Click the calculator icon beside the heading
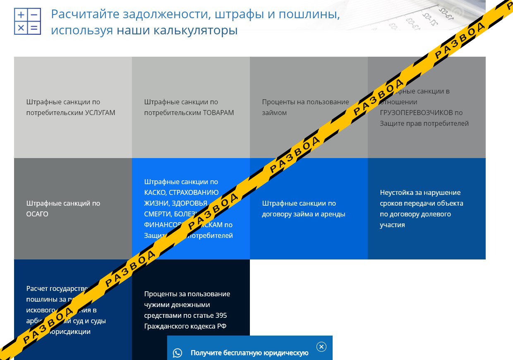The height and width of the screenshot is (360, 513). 27,21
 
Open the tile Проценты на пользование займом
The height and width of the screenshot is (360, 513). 305,107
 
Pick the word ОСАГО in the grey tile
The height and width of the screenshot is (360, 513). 37,214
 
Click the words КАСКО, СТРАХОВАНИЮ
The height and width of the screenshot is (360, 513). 181,192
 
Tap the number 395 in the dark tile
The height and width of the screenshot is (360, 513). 221,315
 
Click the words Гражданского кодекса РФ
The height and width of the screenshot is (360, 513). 185,326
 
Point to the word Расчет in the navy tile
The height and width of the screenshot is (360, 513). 37,288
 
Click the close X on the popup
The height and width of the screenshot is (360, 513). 321,347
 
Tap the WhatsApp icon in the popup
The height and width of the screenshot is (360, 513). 177,353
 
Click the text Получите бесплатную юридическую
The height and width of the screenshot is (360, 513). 249,353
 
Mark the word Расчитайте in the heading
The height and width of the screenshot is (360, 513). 85,14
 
